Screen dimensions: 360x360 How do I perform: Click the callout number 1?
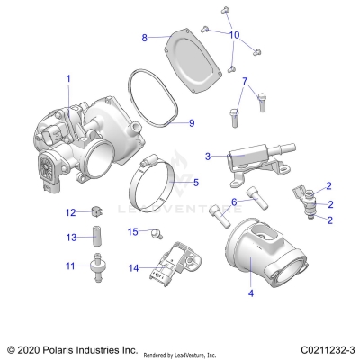[67, 79]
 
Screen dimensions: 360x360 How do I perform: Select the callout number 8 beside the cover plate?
[144, 38]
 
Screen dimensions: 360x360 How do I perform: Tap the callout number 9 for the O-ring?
[191, 122]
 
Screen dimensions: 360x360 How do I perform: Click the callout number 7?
[244, 82]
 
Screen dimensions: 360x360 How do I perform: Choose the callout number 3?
[209, 156]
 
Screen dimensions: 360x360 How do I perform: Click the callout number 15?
[132, 232]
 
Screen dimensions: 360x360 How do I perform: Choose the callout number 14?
[132, 267]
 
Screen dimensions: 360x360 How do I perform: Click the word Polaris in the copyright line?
[57, 348]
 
